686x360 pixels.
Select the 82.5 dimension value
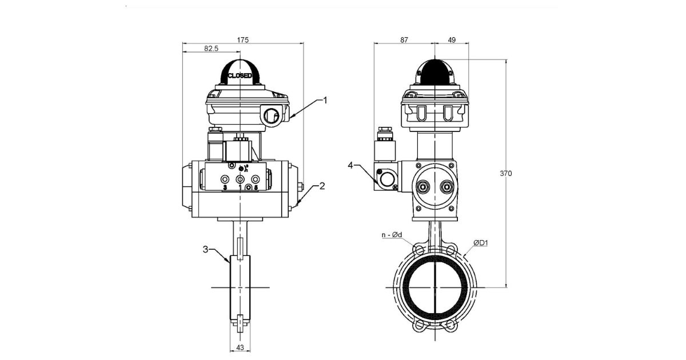[211, 49]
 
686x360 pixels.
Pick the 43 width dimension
[240, 347]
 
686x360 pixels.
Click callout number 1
[325, 101]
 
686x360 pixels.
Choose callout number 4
[351, 166]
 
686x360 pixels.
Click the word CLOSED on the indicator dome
[240, 75]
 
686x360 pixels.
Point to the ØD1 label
[481, 244]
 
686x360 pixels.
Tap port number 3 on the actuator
[225, 187]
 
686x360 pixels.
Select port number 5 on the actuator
[256, 187]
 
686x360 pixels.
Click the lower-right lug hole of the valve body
[451, 325]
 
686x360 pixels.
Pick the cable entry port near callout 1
[273, 117]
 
